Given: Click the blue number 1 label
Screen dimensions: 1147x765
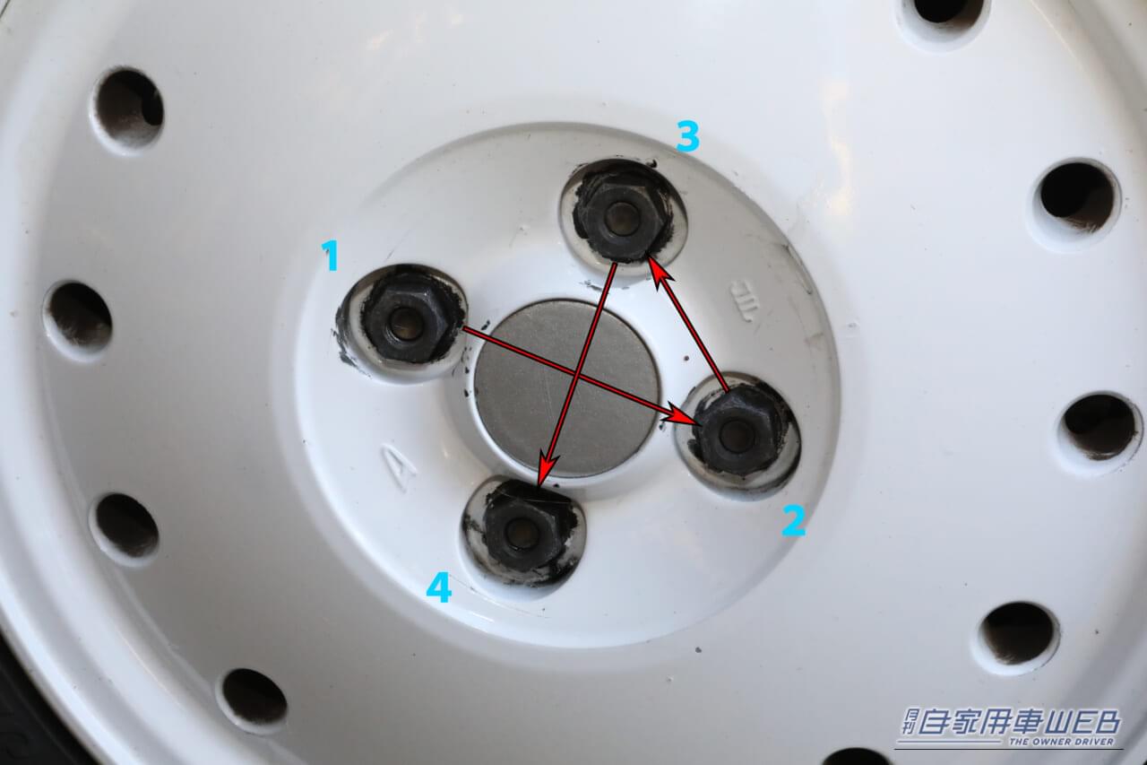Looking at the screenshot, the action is (x=332, y=256).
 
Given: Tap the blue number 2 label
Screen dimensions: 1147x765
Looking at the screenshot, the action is (x=793, y=521).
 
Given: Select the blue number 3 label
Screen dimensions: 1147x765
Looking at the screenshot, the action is (x=687, y=136).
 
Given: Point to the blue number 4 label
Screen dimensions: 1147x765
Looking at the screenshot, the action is (x=439, y=587).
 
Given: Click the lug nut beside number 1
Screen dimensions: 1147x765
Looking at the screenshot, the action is (x=406, y=322).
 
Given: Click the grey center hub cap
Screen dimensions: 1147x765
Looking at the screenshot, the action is (x=565, y=387).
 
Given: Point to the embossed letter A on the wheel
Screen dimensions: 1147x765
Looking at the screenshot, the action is (x=397, y=467).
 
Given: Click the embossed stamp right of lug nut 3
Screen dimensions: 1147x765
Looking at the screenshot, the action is (x=745, y=302).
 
